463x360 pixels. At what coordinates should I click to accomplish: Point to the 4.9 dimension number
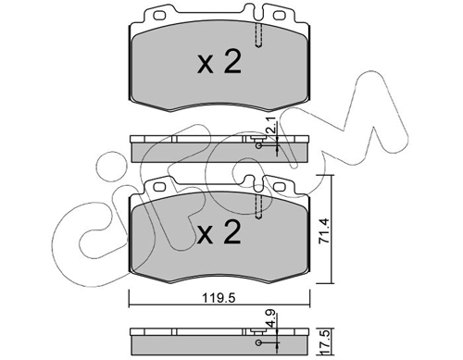(269, 320)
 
